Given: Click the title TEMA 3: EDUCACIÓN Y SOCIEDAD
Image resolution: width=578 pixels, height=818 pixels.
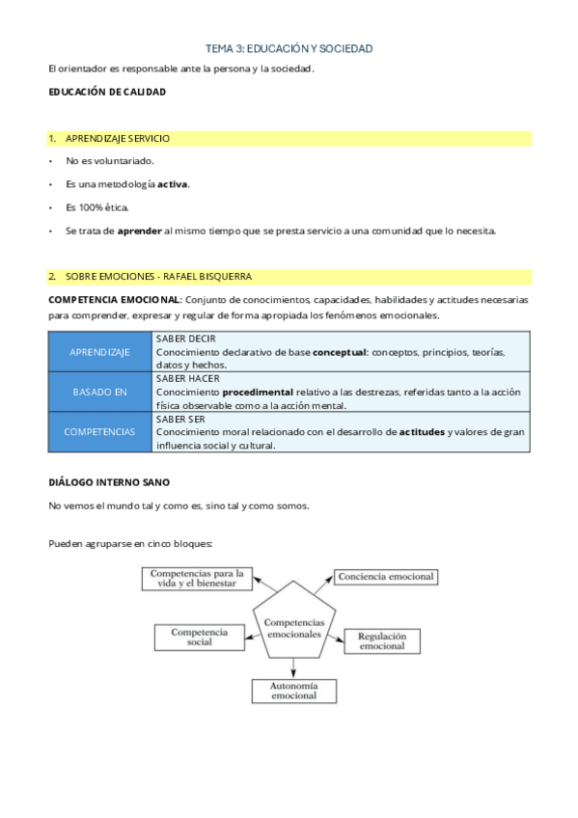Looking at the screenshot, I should coord(289,47).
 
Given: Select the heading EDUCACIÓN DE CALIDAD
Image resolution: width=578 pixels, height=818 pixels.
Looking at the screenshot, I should coord(107,92).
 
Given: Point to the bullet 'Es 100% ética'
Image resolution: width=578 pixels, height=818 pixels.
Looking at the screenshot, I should coord(96,207).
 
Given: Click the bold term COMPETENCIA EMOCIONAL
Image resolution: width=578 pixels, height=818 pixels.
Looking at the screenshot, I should coord(114,300).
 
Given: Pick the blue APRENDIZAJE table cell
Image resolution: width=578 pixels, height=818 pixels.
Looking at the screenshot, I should coord(99,352).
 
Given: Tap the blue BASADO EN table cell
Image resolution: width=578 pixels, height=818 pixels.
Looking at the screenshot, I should coord(99,392).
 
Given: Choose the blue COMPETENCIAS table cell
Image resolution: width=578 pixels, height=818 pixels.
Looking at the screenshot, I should coord(99,432).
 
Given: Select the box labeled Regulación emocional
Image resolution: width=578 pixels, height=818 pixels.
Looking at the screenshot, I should coord(382,641).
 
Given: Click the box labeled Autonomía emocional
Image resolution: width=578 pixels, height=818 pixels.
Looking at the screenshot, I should coord(293,691).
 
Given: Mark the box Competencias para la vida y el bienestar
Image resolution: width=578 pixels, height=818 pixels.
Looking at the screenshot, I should coord(199,578).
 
